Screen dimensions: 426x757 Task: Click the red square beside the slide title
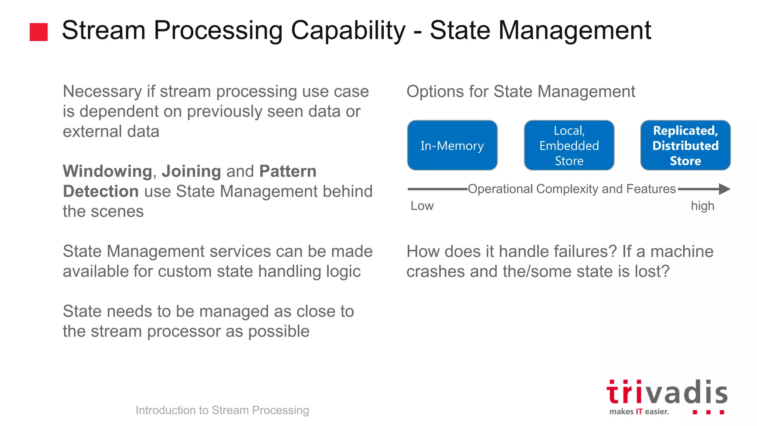coord(38,32)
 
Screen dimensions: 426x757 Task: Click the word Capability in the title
coord(348,30)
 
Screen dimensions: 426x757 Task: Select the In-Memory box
coord(452,145)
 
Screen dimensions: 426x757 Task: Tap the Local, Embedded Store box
coord(569,145)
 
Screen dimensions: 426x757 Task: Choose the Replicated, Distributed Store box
coord(685,145)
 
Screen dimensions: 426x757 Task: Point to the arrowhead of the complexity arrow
coord(724,189)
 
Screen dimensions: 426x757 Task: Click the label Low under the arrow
coord(422,206)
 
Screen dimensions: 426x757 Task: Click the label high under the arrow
coord(702,206)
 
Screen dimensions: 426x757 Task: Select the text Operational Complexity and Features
coord(571,189)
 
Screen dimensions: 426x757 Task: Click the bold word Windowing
coord(107,171)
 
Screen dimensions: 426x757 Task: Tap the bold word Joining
coord(191,171)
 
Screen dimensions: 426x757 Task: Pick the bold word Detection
coord(101,191)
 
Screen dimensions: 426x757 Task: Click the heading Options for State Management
coord(520,91)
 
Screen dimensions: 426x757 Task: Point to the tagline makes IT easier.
coord(639,412)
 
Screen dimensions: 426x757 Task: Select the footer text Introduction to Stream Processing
coord(222,410)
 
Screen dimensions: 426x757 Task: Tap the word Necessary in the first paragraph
coord(102,91)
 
